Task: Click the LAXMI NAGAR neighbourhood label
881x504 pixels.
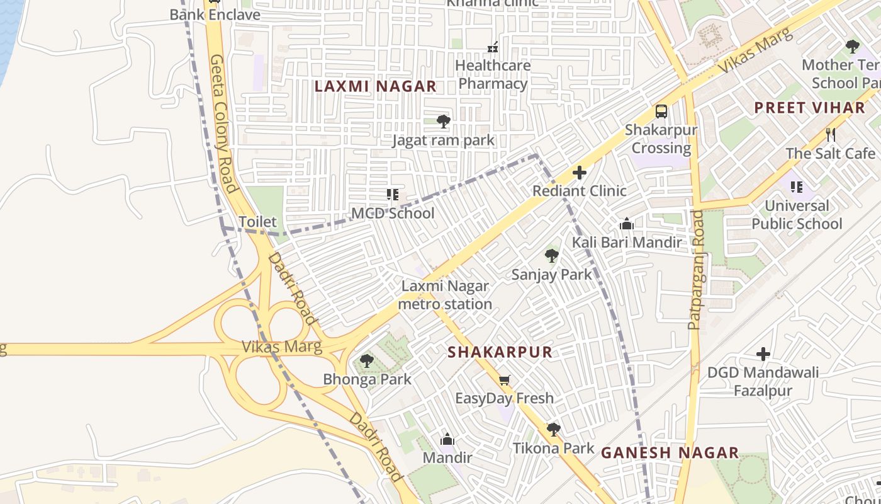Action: [375, 86]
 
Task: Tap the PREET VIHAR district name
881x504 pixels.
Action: [810, 108]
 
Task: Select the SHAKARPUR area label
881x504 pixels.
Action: [500, 352]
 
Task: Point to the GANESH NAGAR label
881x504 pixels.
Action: [670, 452]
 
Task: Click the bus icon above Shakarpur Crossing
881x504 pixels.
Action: [661, 112]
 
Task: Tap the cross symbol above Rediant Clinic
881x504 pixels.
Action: [579, 173]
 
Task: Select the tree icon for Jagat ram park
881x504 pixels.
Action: [443, 121]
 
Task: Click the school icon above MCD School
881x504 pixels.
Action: [393, 195]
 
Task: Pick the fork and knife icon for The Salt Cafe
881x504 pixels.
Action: [830, 134]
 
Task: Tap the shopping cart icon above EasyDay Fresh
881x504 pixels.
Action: [504, 380]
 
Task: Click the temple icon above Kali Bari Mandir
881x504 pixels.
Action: [626, 224]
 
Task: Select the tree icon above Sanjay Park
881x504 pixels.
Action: [551, 255]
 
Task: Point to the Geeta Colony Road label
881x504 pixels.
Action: [223, 123]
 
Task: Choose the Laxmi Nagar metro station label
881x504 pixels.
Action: [445, 295]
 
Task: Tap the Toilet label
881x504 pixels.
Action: [257, 222]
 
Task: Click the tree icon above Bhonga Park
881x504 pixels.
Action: [367, 361]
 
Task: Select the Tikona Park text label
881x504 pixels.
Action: [553, 448]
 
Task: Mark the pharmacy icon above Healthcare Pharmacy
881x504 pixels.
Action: [493, 47]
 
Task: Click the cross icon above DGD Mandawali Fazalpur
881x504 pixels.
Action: [763, 354]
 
